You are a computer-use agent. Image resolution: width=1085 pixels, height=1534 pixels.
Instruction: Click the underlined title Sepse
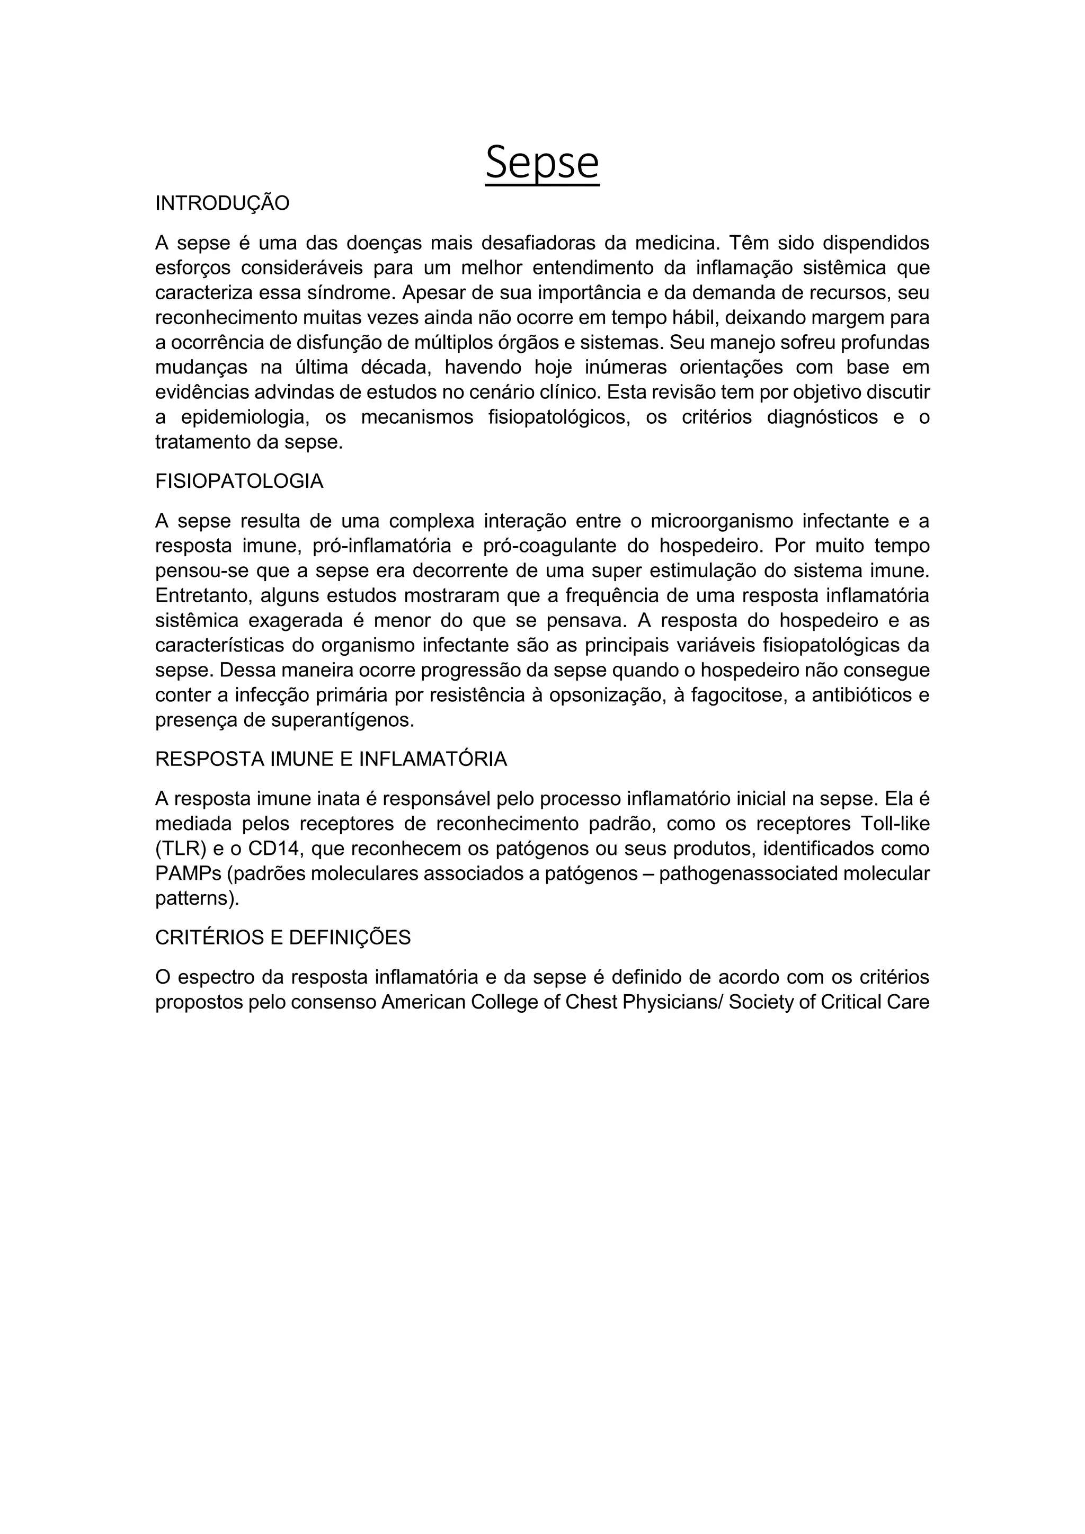[542, 163]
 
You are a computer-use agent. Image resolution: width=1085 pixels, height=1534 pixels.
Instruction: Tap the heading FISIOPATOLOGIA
[239, 481]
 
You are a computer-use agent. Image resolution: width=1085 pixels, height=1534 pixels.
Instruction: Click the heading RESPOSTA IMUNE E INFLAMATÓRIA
[331, 759]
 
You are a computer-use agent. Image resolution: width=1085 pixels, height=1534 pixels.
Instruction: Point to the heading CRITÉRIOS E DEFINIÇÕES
[282, 938]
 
